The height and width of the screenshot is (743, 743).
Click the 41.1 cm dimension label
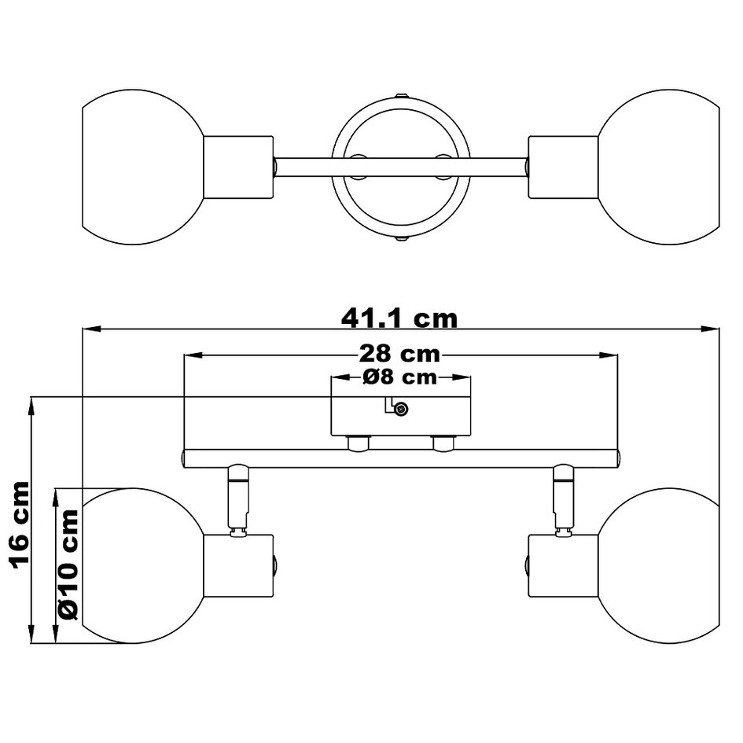coord(399,318)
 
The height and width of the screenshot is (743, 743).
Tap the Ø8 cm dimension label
coord(399,377)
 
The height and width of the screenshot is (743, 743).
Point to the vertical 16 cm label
coord(20,524)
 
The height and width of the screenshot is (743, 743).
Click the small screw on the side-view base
coord(402,408)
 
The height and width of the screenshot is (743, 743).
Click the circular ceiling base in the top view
coord(400,167)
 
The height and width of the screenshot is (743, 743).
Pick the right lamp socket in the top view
coord(562,167)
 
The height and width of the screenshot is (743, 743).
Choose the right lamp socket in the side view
coord(562,566)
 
